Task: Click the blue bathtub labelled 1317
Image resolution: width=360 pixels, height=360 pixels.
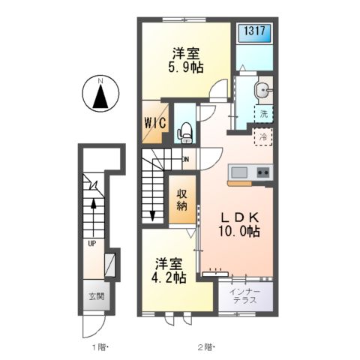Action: tap(254, 33)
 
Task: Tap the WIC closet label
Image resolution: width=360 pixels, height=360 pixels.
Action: tap(155, 123)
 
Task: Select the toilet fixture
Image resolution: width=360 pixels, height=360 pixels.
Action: tap(185, 133)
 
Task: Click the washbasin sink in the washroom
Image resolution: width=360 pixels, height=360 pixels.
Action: tap(262, 89)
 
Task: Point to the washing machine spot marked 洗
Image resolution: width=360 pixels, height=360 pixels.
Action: tap(263, 114)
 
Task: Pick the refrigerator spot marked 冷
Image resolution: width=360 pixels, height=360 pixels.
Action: tap(263, 136)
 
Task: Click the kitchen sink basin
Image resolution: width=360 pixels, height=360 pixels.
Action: tap(239, 172)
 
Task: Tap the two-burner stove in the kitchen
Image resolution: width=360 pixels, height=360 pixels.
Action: tap(263, 172)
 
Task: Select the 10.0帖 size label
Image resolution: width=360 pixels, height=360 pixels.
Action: tap(239, 231)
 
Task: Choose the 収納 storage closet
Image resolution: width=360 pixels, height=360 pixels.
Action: tap(182, 199)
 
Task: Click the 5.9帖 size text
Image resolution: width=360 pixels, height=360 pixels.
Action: tap(185, 67)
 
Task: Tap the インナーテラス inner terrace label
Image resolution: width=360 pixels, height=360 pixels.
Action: tap(245, 295)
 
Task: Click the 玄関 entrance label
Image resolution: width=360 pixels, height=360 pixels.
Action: tap(97, 296)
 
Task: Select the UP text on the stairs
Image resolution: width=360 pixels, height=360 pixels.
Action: tap(92, 244)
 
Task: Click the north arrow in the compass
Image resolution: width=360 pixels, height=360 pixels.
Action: tap(100, 96)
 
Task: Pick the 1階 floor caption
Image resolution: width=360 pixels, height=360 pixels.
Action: tap(100, 347)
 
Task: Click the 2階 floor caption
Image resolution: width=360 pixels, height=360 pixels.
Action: tap(206, 347)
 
